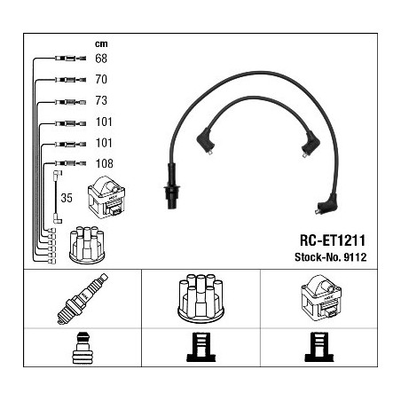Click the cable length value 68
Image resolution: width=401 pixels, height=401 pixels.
101,59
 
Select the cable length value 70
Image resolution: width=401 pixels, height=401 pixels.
101,79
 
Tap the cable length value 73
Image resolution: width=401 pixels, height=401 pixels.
101,100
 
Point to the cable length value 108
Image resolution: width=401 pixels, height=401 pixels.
105,163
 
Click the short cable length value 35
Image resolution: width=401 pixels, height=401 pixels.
67,198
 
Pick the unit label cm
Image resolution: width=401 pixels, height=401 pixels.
101,44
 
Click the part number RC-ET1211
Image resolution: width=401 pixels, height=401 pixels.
333,240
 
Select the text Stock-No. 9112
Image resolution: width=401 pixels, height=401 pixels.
331,257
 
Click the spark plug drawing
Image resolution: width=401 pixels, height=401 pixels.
83,299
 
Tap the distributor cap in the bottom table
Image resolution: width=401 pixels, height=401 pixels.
200,297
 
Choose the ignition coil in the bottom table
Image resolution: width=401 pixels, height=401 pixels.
321,298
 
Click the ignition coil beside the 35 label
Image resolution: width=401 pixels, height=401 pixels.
106,197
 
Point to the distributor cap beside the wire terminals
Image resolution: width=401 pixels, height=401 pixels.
87,245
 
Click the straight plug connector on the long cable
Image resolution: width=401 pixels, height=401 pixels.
171,186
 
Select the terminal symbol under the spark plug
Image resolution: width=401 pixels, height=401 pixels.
83,348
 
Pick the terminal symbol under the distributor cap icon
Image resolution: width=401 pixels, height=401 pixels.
201,347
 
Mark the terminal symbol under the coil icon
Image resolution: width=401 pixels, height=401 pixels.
319,347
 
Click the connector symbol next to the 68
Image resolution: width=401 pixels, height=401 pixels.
70,59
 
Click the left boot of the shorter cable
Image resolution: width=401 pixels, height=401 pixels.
205,141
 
